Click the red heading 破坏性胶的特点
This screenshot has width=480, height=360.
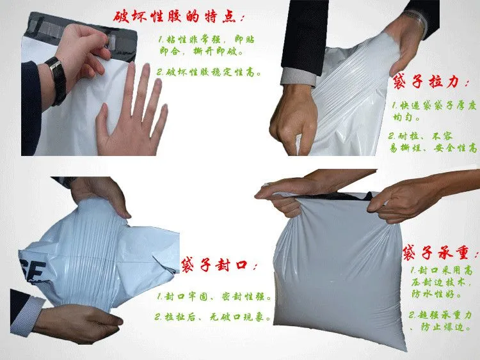pos(179,17)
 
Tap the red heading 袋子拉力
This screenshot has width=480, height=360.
pos(431,82)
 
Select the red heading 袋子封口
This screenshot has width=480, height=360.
pos(219,265)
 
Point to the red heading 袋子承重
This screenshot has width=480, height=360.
pos(440,253)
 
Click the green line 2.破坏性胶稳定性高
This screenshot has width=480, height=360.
pos(209,72)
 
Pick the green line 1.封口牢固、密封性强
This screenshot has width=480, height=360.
pos(214,297)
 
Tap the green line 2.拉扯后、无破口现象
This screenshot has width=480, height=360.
pos(213,317)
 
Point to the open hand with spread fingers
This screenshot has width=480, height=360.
pos(132,113)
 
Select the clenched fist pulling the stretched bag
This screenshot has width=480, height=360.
pos(293,120)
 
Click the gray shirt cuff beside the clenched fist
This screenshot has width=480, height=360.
pos(298,77)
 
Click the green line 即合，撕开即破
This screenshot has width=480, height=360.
pos(202,51)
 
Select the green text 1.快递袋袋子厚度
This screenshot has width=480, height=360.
pos(435,106)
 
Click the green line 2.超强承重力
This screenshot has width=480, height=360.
pos(440,315)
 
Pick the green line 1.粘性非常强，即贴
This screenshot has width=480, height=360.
pos(207,40)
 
